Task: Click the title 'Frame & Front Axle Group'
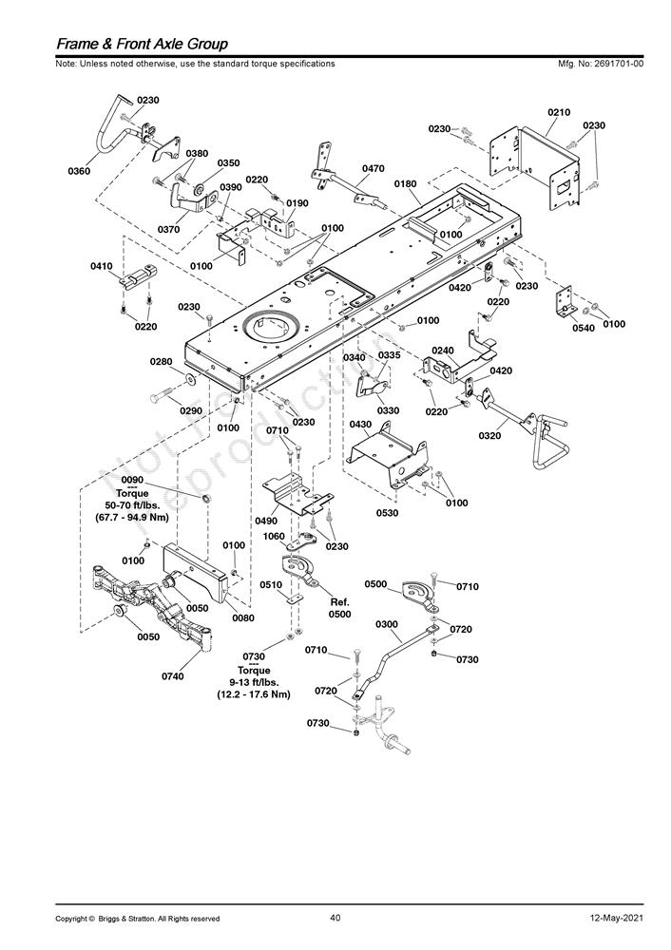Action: tap(142, 44)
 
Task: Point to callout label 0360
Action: tap(79, 171)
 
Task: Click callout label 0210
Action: tap(559, 112)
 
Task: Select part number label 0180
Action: tap(406, 183)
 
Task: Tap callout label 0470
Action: tap(374, 168)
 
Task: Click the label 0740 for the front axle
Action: tap(173, 676)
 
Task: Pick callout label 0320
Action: tap(489, 435)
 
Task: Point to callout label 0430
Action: tap(360, 424)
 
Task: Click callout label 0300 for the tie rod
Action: tap(387, 624)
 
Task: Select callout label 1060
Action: tap(274, 536)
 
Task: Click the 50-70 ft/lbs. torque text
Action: tap(132, 505)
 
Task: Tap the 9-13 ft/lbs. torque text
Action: tap(254, 682)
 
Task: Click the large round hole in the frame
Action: tap(270, 327)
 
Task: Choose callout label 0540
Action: tap(583, 328)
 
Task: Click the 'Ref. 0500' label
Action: tap(339, 608)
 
